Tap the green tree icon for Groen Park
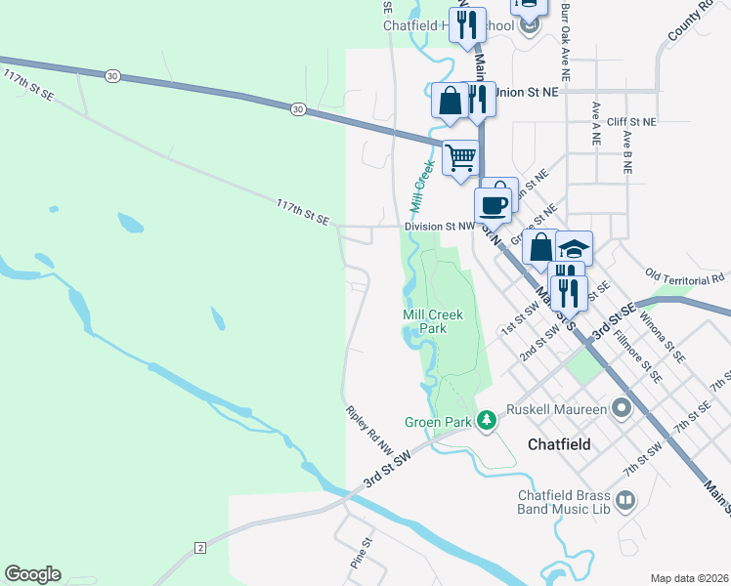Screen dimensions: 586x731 [486, 422]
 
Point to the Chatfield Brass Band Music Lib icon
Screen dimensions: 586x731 [625, 501]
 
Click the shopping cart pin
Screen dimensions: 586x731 [460, 157]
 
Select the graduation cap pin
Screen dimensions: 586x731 [574, 247]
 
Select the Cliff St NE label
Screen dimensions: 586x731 [631, 121]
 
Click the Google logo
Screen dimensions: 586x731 [32, 574]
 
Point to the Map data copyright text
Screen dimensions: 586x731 [689, 578]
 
